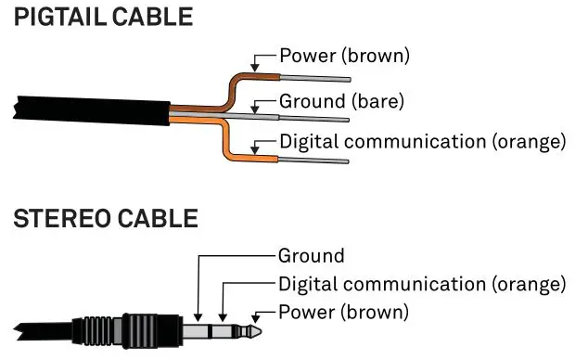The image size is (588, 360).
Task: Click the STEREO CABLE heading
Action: click(x=106, y=220)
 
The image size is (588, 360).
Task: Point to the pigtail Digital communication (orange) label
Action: click(x=422, y=142)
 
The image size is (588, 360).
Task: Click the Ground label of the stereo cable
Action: click(x=312, y=255)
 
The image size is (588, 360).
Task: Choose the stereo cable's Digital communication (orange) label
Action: click(x=422, y=283)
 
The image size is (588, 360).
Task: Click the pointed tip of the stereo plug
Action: click(x=262, y=328)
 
